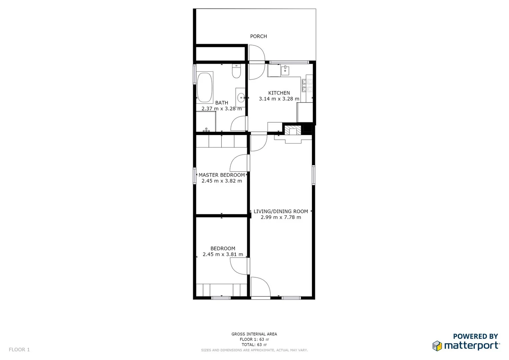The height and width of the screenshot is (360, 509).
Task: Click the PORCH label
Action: [x=258, y=36]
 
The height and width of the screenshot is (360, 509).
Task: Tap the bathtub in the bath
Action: [x=205, y=88]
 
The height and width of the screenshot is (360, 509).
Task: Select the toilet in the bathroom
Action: [x=236, y=71]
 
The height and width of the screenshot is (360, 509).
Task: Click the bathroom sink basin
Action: [x=241, y=98]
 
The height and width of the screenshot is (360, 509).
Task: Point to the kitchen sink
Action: [x=285, y=71]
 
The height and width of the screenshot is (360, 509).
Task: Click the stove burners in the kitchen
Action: [x=307, y=85]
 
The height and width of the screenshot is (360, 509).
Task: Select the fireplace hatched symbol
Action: [x=289, y=130]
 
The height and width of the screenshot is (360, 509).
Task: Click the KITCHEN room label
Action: [x=279, y=93]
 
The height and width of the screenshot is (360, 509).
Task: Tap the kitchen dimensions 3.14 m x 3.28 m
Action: [x=279, y=99]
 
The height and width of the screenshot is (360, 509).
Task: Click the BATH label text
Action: [x=222, y=103]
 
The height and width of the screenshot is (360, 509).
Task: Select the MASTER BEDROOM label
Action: [x=222, y=175]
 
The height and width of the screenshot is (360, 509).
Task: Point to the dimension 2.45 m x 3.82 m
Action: [x=222, y=181]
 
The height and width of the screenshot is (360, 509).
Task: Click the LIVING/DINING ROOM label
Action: [x=281, y=211]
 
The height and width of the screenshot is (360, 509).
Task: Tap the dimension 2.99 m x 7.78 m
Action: [x=281, y=217]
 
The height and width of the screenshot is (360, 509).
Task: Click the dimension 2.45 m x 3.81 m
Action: [x=223, y=254]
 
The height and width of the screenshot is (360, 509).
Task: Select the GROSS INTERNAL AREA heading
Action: [x=254, y=334]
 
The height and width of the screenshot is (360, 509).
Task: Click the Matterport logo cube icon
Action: [x=437, y=346]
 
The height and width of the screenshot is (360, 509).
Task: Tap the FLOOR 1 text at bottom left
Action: [x=19, y=350]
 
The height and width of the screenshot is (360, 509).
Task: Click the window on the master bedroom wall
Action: [x=195, y=176]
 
